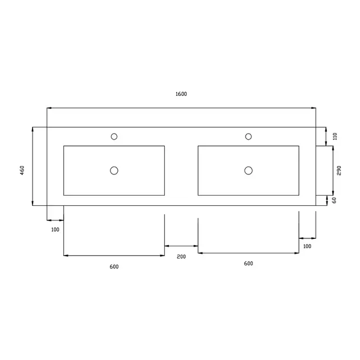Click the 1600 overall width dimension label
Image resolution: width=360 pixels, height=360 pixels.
[x=181, y=94]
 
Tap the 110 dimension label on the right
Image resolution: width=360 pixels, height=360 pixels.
[x=335, y=136]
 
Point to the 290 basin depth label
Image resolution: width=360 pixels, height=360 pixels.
[x=339, y=171]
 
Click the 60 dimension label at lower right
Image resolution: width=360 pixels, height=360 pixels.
[x=334, y=200]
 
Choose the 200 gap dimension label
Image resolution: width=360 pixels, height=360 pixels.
[x=181, y=256]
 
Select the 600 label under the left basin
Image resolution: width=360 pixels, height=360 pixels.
[x=114, y=266]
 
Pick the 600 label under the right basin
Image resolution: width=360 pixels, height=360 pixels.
[x=248, y=264]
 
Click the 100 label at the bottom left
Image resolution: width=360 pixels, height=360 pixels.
[x=55, y=229]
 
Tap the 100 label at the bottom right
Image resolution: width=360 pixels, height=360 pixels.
[x=307, y=246]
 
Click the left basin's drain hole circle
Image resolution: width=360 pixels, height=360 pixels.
[x=114, y=170]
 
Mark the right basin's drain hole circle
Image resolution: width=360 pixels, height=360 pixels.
[x=248, y=170]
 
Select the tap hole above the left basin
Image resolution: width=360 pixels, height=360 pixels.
[x=114, y=136]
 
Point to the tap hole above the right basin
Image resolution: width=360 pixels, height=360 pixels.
[x=248, y=136]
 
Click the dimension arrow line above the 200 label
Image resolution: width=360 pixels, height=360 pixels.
[x=181, y=246]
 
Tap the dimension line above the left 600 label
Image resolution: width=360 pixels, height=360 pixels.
[x=114, y=256]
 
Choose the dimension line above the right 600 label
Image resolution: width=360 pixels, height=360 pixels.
[x=248, y=253]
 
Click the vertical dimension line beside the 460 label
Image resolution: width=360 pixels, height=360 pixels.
[x=33, y=166]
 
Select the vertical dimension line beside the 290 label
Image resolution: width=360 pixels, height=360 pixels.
[x=333, y=170]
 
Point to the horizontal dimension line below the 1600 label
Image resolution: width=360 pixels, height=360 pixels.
[x=181, y=108]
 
